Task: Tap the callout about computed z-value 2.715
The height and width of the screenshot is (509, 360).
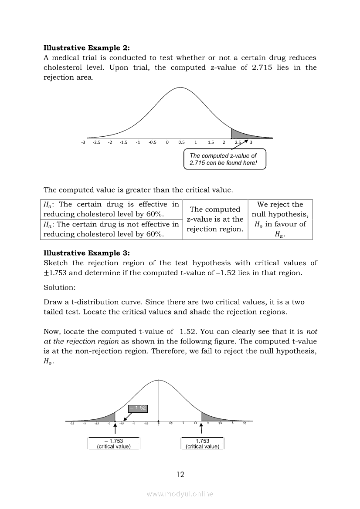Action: point(224,159)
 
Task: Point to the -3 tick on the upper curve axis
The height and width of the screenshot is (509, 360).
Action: point(83,142)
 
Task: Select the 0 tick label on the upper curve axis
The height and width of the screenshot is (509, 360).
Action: point(167,142)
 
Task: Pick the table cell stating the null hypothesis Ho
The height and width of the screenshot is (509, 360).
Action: point(111,209)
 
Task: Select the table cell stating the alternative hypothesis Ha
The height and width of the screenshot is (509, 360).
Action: point(111,229)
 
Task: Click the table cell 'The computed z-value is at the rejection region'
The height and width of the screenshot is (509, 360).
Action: point(215,219)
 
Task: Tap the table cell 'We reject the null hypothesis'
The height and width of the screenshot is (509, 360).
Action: point(280,219)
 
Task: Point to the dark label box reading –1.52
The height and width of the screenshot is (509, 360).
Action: point(138,408)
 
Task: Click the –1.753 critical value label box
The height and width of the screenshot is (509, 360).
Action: point(114,444)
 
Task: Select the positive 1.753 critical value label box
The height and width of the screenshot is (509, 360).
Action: point(202,444)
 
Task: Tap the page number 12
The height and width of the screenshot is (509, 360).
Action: point(180,475)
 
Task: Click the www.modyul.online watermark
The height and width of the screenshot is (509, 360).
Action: point(180,494)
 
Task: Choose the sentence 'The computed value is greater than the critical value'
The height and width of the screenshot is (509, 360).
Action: point(138,190)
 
